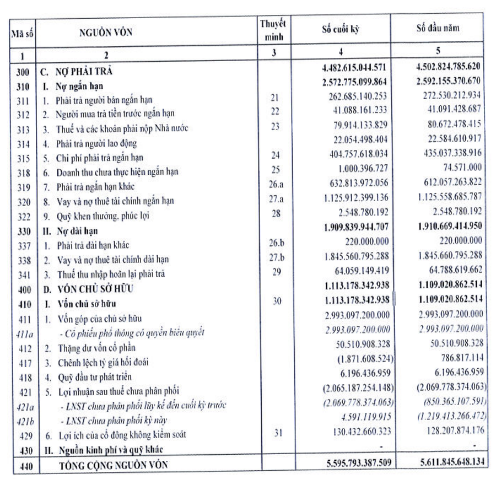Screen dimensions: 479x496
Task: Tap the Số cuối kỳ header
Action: click(341, 29)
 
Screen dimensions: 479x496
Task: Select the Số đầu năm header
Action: click(438, 28)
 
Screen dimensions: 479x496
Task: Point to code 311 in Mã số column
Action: click(24, 101)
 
